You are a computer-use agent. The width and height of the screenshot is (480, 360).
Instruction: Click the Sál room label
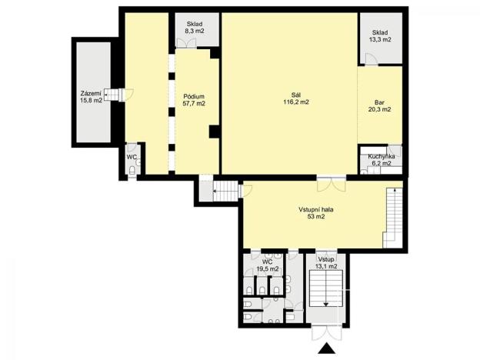(296, 95)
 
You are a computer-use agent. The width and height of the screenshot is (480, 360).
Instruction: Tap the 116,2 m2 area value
(296, 102)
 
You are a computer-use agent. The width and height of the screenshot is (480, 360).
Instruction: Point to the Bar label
(379, 102)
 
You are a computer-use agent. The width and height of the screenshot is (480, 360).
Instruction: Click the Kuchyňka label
(382, 157)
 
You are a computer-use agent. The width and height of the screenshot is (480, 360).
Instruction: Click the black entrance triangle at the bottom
(328, 350)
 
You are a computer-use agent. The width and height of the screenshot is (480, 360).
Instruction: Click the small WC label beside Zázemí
(132, 157)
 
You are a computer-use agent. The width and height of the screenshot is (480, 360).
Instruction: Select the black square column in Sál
(213, 131)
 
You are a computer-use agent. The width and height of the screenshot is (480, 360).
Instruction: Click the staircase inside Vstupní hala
(395, 215)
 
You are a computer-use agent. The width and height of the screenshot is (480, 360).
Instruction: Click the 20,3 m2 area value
(379, 109)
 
